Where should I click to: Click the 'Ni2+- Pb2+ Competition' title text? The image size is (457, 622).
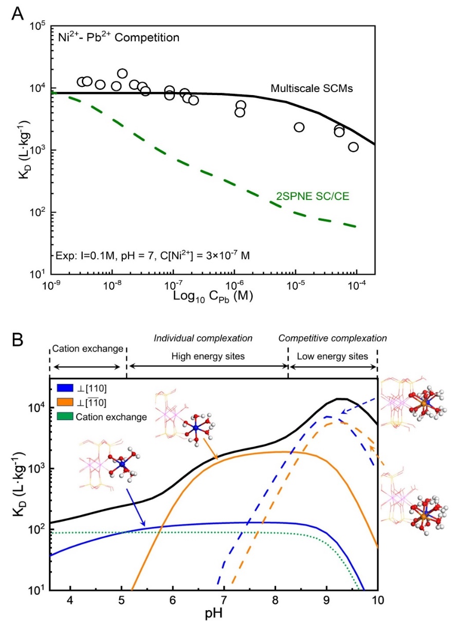click(119, 37)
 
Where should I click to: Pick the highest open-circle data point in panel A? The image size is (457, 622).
click(122, 74)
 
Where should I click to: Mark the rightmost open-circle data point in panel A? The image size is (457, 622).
click(353, 147)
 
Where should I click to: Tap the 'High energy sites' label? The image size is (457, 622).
click(208, 356)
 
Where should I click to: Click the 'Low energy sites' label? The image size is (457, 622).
click(333, 356)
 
